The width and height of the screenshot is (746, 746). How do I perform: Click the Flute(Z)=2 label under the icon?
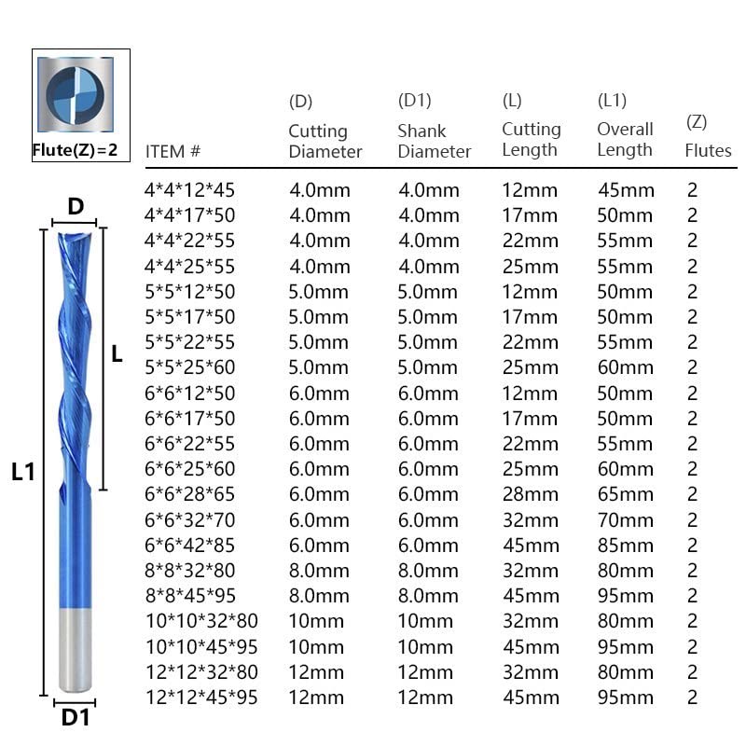(x=80, y=149)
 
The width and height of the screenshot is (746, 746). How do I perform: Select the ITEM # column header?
(x=173, y=150)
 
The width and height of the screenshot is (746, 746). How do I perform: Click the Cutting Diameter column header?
(x=325, y=141)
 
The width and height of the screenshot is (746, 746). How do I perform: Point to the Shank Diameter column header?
(x=434, y=141)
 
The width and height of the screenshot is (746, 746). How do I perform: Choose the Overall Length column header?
(x=625, y=139)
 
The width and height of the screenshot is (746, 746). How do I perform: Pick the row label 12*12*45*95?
(x=202, y=697)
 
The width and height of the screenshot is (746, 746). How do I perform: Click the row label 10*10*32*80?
(x=202, y=620)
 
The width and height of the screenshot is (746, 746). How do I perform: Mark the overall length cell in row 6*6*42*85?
(x=625, y=545)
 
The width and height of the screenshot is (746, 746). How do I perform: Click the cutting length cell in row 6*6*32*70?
(x=530, y=519)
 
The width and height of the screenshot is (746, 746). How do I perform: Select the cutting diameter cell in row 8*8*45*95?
(x=320, y=595)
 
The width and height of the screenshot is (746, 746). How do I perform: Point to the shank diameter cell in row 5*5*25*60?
(x=429, y=367)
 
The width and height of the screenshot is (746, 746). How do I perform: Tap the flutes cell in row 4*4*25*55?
(x=692, y=266)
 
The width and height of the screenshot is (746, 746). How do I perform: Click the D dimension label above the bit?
(x=75, y=206)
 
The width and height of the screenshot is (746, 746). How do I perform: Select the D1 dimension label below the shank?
(x=75, y=717)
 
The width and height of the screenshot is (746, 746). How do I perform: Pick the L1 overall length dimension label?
(x=23, y=472)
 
